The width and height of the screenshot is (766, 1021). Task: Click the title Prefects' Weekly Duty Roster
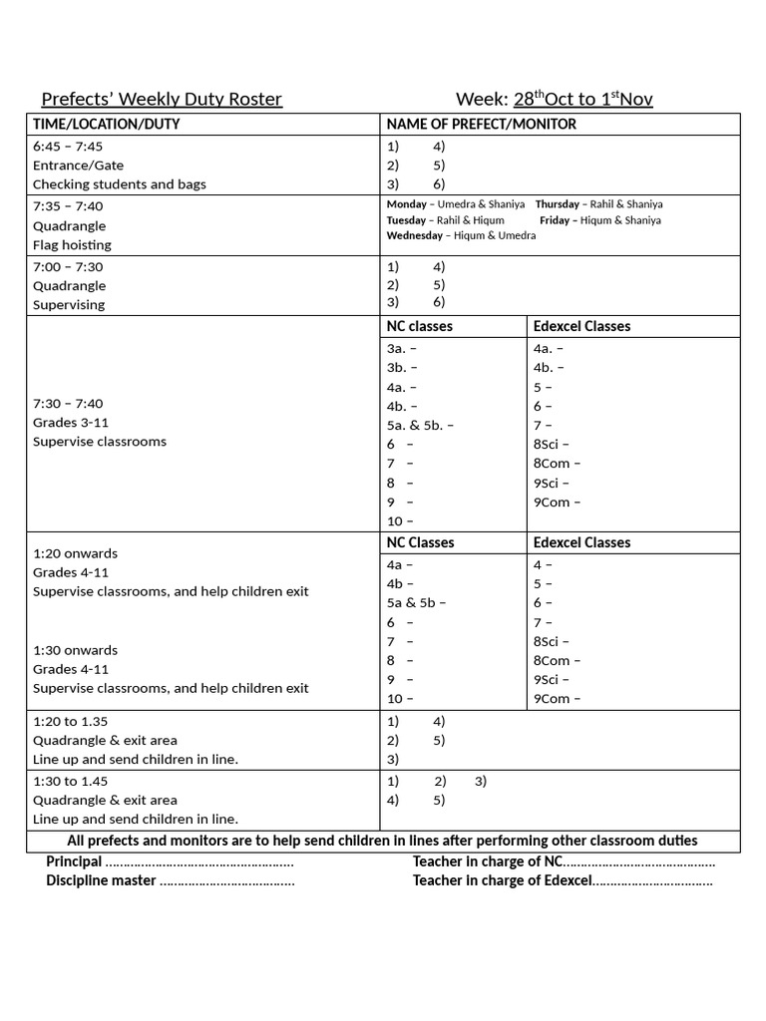(x=162, y=99)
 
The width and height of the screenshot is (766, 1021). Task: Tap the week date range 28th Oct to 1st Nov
(x=582, y=98)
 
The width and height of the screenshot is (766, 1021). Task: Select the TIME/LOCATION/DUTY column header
(x=107, y=125)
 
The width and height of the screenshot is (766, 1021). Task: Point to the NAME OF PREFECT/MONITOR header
(x=481, y=125)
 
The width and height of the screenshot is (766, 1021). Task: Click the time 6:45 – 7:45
(x=68, y=146)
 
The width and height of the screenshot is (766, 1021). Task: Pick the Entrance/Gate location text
(x=78, y=165)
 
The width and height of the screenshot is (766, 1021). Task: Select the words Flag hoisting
(x=72, y=244)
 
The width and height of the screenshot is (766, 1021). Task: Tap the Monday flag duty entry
(x=455, y=204)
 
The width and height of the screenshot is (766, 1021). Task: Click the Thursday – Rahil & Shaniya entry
(x=598, y=204)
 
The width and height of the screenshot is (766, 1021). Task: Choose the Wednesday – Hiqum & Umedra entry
(x=461, y=236)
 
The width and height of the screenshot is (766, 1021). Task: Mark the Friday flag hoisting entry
(x=599, y=220)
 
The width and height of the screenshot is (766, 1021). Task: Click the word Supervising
(x=69, y=305)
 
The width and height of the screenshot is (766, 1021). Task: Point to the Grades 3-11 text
(x=72, y=423)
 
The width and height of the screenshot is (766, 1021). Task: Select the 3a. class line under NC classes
(x=401, y=349)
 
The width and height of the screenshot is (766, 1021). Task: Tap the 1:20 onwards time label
(x=75, y=553)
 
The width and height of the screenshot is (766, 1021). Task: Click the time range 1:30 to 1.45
(x=70, y=781)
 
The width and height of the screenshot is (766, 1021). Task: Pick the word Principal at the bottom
(x=74, y=861)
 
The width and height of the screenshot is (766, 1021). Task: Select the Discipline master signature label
(x=101, y=880)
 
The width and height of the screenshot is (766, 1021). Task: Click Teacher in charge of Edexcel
(x=502, y=880)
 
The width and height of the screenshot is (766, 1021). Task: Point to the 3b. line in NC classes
(x=402, y=368)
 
